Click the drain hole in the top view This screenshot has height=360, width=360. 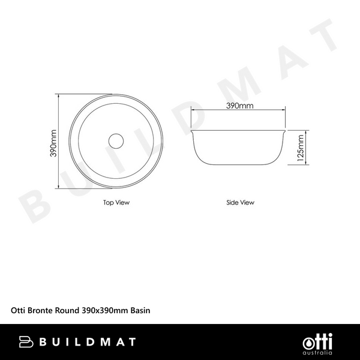(x=116, y=141)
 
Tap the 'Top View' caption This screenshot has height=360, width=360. (x=116, y=203)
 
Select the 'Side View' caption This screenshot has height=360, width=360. (x=240, y=203)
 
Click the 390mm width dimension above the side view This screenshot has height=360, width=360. (x=239, y=106)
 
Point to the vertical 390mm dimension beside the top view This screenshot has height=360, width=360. (x=53, y=143)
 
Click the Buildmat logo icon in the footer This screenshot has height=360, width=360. (x=26, y=342)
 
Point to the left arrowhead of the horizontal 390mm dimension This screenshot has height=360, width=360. (x=193, y=110)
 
